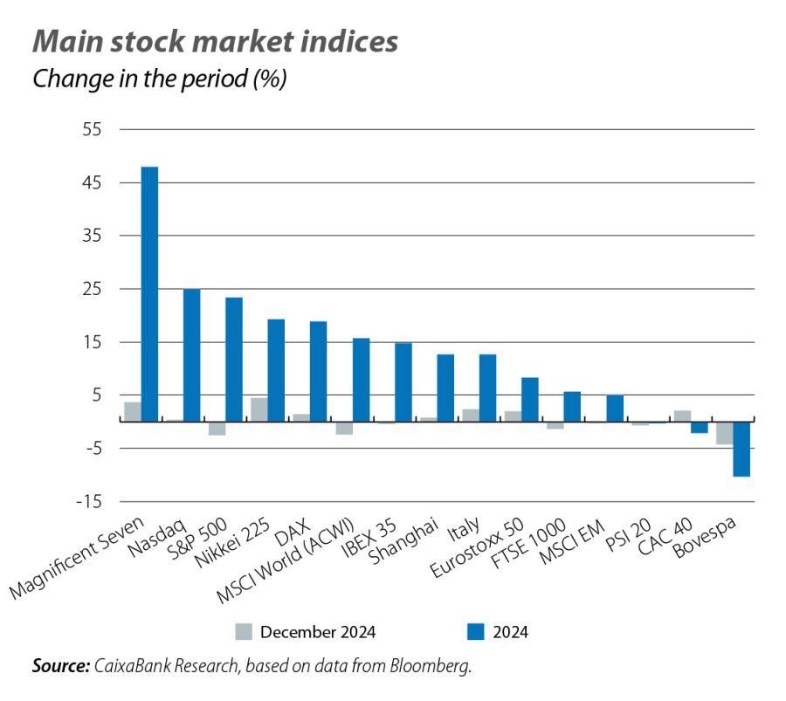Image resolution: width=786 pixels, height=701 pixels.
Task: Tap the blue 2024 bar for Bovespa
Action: click(x=741, y=449)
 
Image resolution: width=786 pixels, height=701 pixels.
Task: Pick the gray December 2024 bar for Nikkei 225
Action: click(x=259, y=409)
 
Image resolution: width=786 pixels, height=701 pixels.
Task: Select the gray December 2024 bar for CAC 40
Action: click(x=682, y=416)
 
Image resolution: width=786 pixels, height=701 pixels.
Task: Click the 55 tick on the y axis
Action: click(x=93, y=130)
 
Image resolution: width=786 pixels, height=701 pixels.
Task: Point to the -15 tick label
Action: click(x=90, y=502)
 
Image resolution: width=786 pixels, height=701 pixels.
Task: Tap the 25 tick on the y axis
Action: click(x=93, y=289)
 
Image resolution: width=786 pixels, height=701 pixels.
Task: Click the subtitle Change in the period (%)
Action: click(x=160, y=79)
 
